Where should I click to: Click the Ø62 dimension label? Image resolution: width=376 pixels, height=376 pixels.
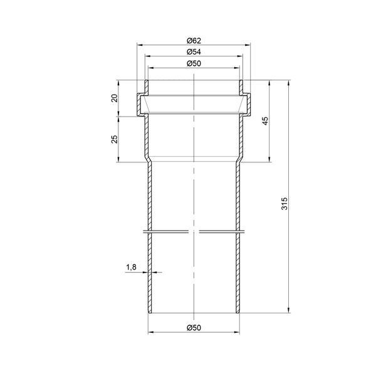194,41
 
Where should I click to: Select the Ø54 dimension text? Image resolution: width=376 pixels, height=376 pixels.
194,52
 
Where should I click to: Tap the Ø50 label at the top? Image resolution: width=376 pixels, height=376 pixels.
194,63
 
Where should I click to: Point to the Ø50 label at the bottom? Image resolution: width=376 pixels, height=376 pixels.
194,328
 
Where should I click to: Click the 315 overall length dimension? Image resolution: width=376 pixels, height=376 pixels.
284,203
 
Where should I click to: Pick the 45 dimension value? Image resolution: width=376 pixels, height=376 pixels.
265,121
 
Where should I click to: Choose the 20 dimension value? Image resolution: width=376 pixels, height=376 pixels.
115,98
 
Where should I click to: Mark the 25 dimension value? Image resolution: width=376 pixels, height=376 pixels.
115,139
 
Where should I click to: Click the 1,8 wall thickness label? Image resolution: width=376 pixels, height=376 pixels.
131,267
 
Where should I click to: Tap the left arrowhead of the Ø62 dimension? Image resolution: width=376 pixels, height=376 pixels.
140,45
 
